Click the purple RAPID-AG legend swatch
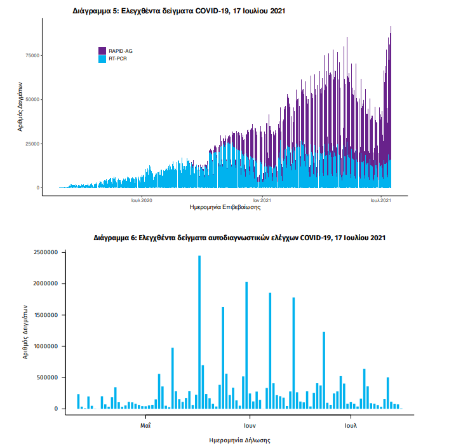[102, 50]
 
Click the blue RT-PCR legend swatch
[102, 58]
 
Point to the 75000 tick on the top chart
[32, 56]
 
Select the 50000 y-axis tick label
[32, 100]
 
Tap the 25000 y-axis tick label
[32, 144]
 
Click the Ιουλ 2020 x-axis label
[142, 200]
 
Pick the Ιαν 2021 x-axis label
[262, 200]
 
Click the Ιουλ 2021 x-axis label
[381, 200]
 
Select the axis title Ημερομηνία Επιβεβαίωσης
[225, 208]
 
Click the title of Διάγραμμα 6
[239, 238]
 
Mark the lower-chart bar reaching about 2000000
[246, 346]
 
